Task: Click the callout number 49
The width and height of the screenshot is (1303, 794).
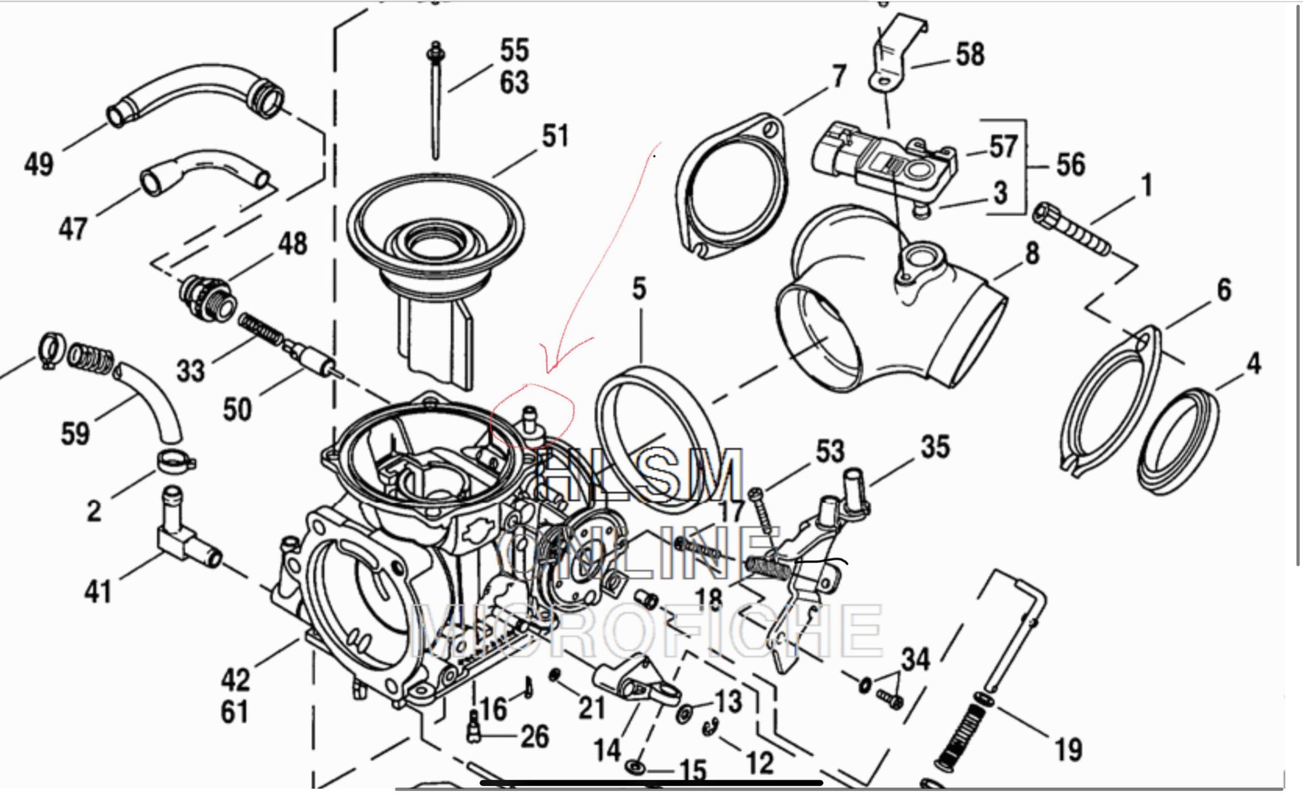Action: (38, 163)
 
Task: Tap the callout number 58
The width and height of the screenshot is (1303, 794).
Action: (969, 54)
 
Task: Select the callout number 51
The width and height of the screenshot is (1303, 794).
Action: (555, 136)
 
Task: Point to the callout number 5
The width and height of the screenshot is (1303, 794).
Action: (639, 289)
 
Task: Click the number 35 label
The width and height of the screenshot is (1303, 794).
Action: (936, 447)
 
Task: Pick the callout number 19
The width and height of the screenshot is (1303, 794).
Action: (1068, 750)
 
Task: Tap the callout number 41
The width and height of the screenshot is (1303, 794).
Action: (98, 591)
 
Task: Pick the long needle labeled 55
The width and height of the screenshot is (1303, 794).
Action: (435, 104)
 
